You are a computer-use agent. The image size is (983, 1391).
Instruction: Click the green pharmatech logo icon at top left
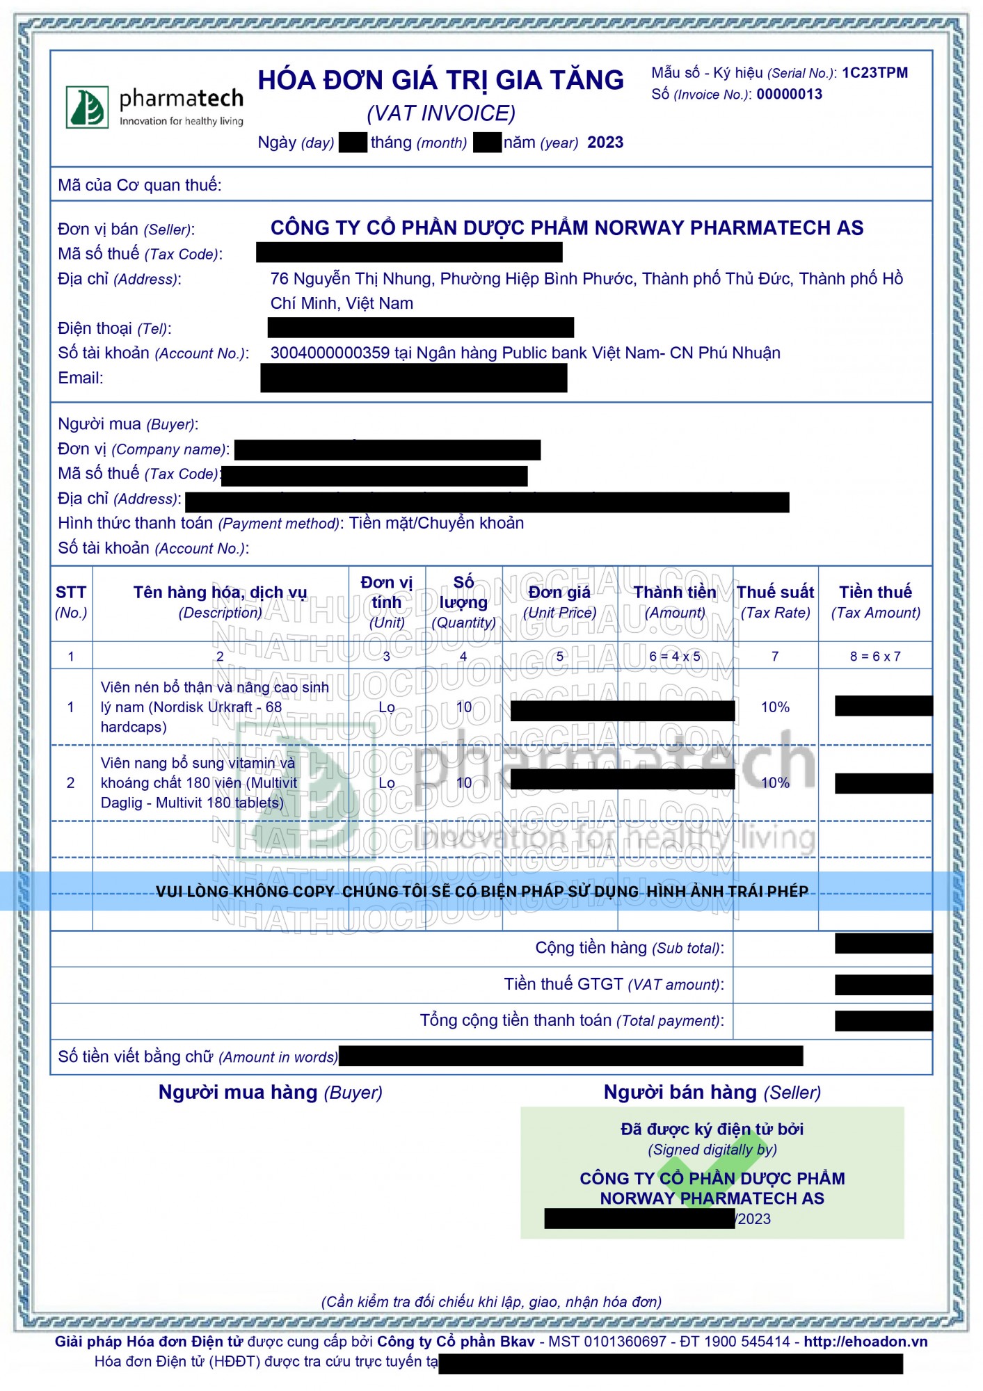87,107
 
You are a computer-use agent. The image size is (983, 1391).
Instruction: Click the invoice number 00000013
789,95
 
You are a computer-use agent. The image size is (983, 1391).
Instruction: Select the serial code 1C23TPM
874,73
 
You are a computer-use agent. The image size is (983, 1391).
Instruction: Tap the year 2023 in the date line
605,143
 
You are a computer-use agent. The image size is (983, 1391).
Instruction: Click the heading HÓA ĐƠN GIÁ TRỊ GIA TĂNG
440,81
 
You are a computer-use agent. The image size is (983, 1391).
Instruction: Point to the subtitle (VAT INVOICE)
441,113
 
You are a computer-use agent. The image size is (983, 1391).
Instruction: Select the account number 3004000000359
330,353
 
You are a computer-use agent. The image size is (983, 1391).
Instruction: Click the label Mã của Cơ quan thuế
139,185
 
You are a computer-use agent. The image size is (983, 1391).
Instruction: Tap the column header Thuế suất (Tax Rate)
775,602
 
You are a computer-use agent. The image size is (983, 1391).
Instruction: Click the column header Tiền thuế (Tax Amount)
875,602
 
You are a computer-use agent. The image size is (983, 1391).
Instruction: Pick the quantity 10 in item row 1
464,707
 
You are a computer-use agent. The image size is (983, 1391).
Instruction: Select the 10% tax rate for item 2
775,783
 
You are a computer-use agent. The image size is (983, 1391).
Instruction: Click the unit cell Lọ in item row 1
387,707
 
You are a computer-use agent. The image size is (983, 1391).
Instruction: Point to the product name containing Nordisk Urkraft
214,707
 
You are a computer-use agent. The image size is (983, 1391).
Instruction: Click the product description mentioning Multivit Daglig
199,783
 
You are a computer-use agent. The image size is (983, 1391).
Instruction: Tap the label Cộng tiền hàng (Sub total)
630,948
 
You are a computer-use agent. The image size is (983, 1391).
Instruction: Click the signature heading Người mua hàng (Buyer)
270,1093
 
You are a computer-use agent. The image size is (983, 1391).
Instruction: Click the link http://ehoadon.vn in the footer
865,1342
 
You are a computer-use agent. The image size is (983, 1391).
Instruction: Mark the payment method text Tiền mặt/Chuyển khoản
436,523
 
